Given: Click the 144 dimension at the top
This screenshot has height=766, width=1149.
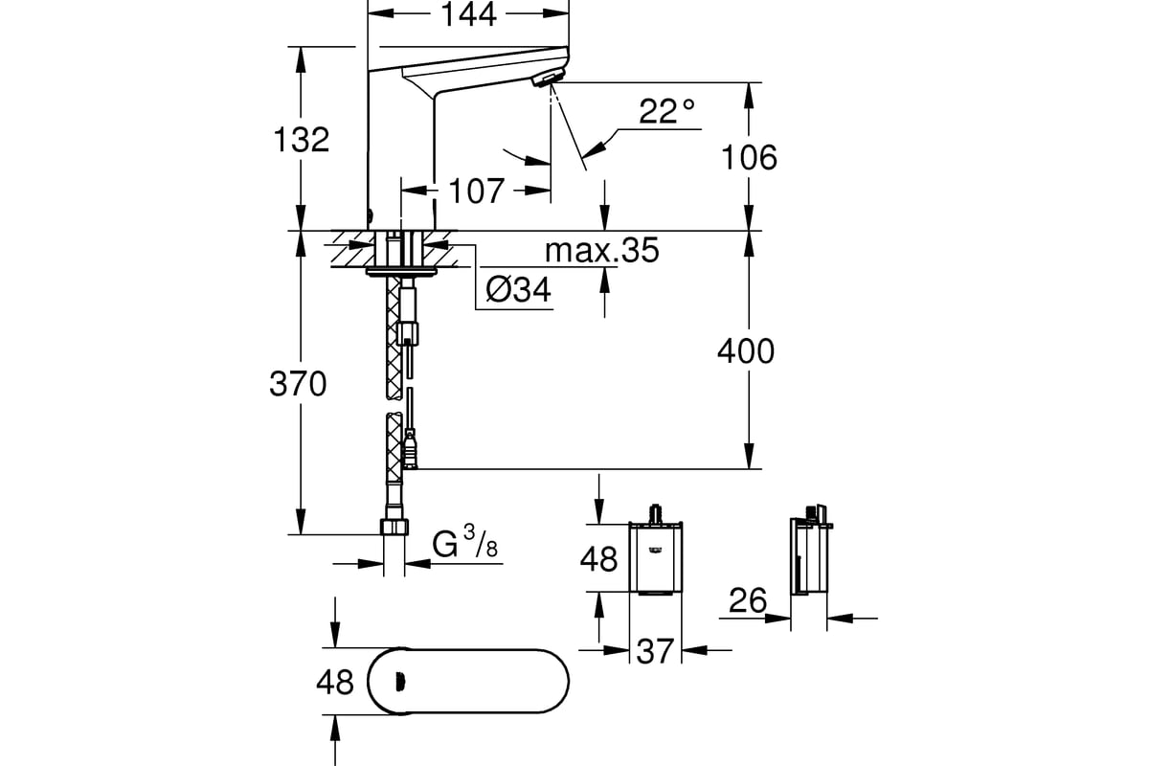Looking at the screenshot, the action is click(468, 14).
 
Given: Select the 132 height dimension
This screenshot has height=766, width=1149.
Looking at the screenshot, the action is click(301, 140).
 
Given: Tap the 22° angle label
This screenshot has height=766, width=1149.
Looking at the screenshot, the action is click(666, 111).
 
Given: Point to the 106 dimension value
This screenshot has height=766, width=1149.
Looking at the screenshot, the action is click(749, 158).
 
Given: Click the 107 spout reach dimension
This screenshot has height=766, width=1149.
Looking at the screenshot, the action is click(477, 191).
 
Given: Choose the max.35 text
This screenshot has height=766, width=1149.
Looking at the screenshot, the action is click(601, 250).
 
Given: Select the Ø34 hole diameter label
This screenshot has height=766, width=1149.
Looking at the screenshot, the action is click(518, 290).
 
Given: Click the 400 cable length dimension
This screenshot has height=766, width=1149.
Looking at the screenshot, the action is click(746, 352).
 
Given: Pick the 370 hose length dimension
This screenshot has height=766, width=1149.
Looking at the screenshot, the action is click(298, 384).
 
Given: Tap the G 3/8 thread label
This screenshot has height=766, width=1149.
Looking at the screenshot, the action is click(464, 542).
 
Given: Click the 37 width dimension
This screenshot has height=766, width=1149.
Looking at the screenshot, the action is click(655, 652).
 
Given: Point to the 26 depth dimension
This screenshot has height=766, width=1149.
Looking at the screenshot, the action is click(748, 600).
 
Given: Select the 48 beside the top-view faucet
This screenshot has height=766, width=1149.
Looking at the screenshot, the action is click(335, 683).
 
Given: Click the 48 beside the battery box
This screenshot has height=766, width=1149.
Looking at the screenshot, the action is click(598, 559).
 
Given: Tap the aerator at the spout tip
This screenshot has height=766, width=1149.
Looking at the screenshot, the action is click(548, 79).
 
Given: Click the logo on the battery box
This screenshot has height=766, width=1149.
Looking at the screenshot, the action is click(656, 551).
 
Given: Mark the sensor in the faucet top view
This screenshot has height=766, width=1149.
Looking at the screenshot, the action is click(398, 682).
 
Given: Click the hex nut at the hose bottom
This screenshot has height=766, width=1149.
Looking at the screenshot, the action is click(394, 527).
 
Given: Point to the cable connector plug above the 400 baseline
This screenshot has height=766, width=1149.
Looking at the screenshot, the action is click(410, 450).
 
